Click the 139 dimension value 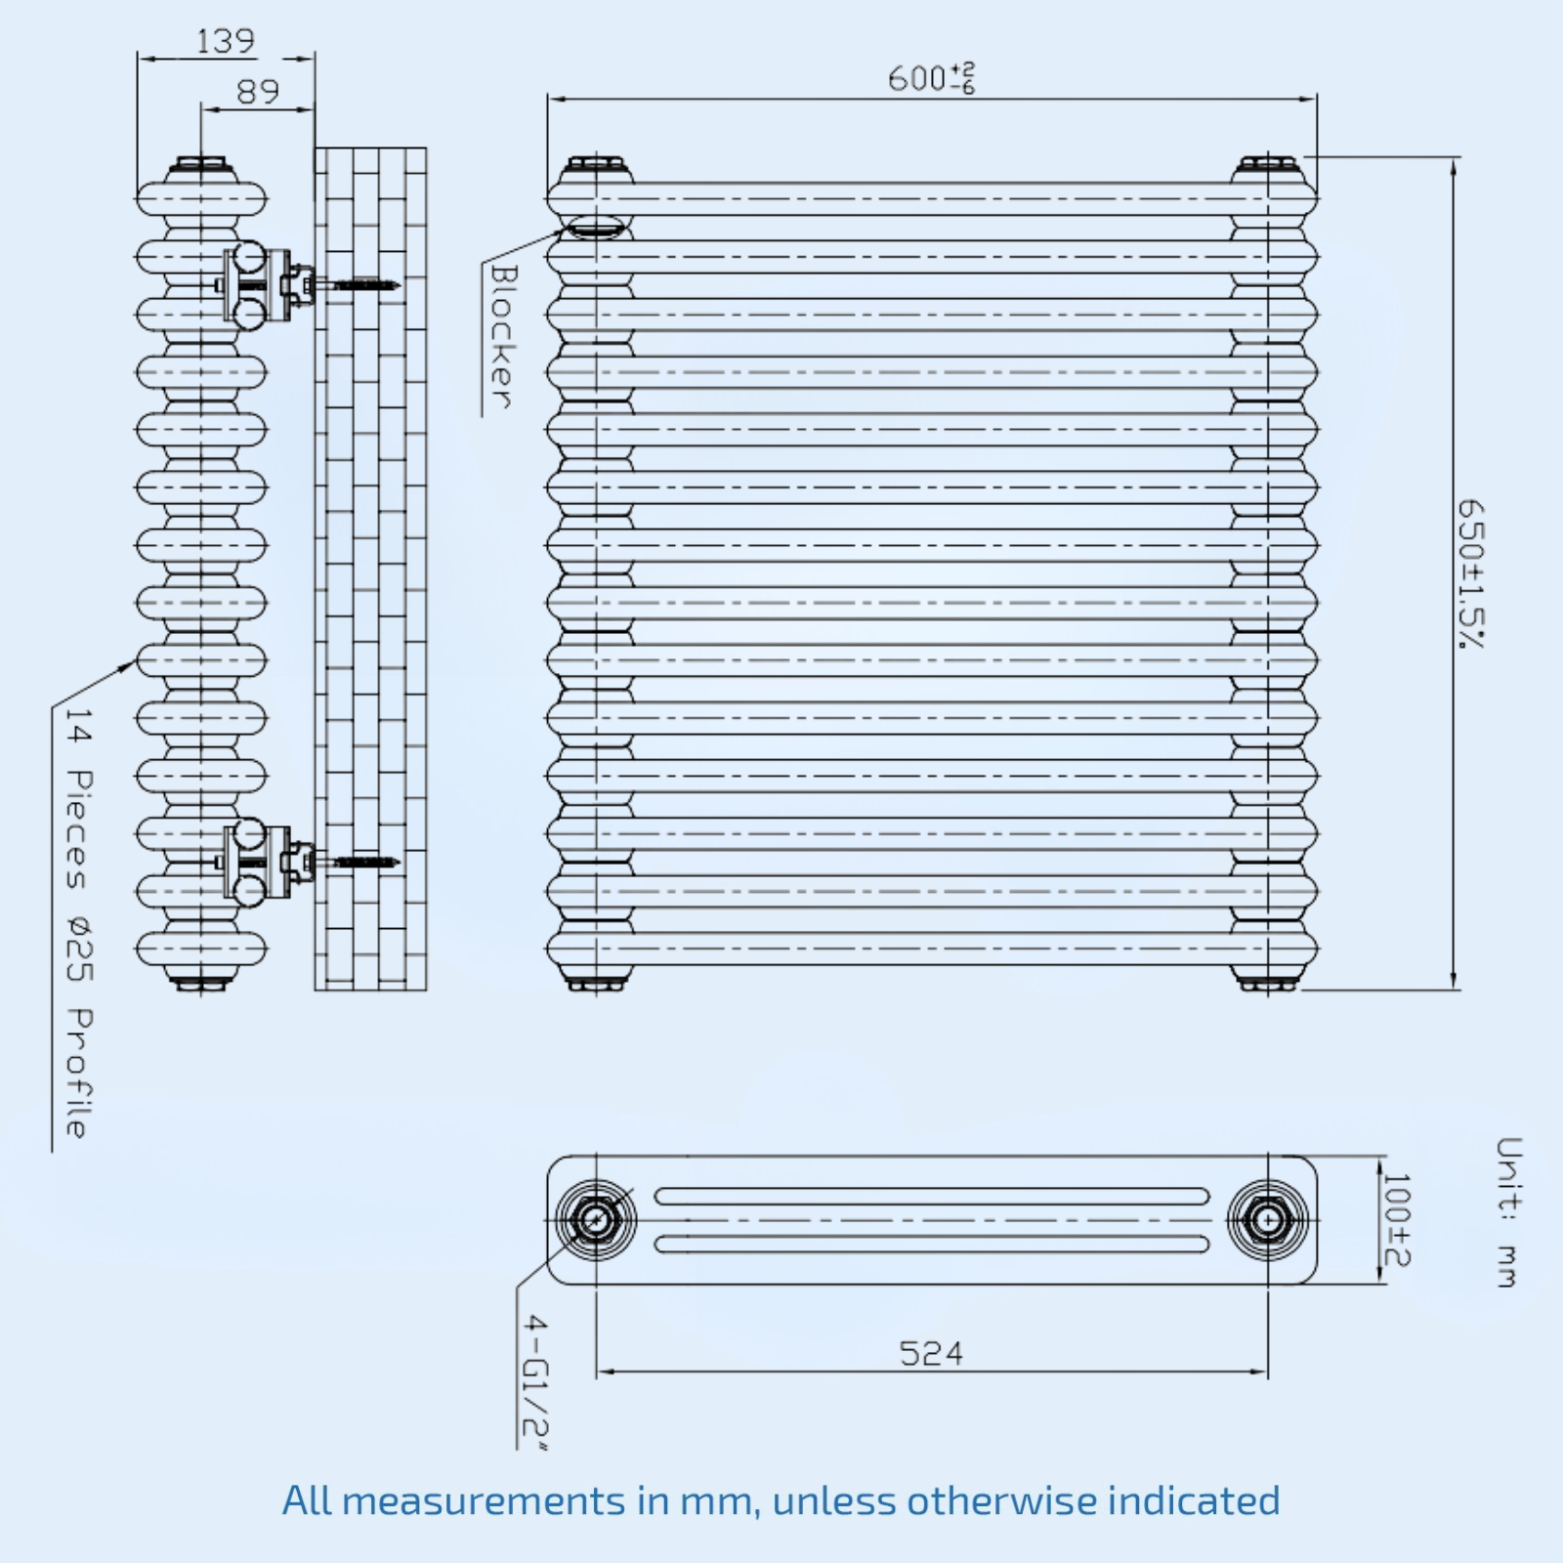coord(226,42)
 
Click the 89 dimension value coord(258,92)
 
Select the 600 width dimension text coord(931,78)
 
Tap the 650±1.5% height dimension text coord(1470,573)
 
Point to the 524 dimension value coord(931,1354)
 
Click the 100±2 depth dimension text coord(1398,1220)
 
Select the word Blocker coord(501,336)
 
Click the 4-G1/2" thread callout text coord(535,1381)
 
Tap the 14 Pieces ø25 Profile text coord(78,923)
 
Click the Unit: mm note coord(1508,1212)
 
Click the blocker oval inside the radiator coord(595,229)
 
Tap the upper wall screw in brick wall coord(363,285)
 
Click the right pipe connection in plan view coord(1267,1219)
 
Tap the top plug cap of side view coord(201,165)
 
